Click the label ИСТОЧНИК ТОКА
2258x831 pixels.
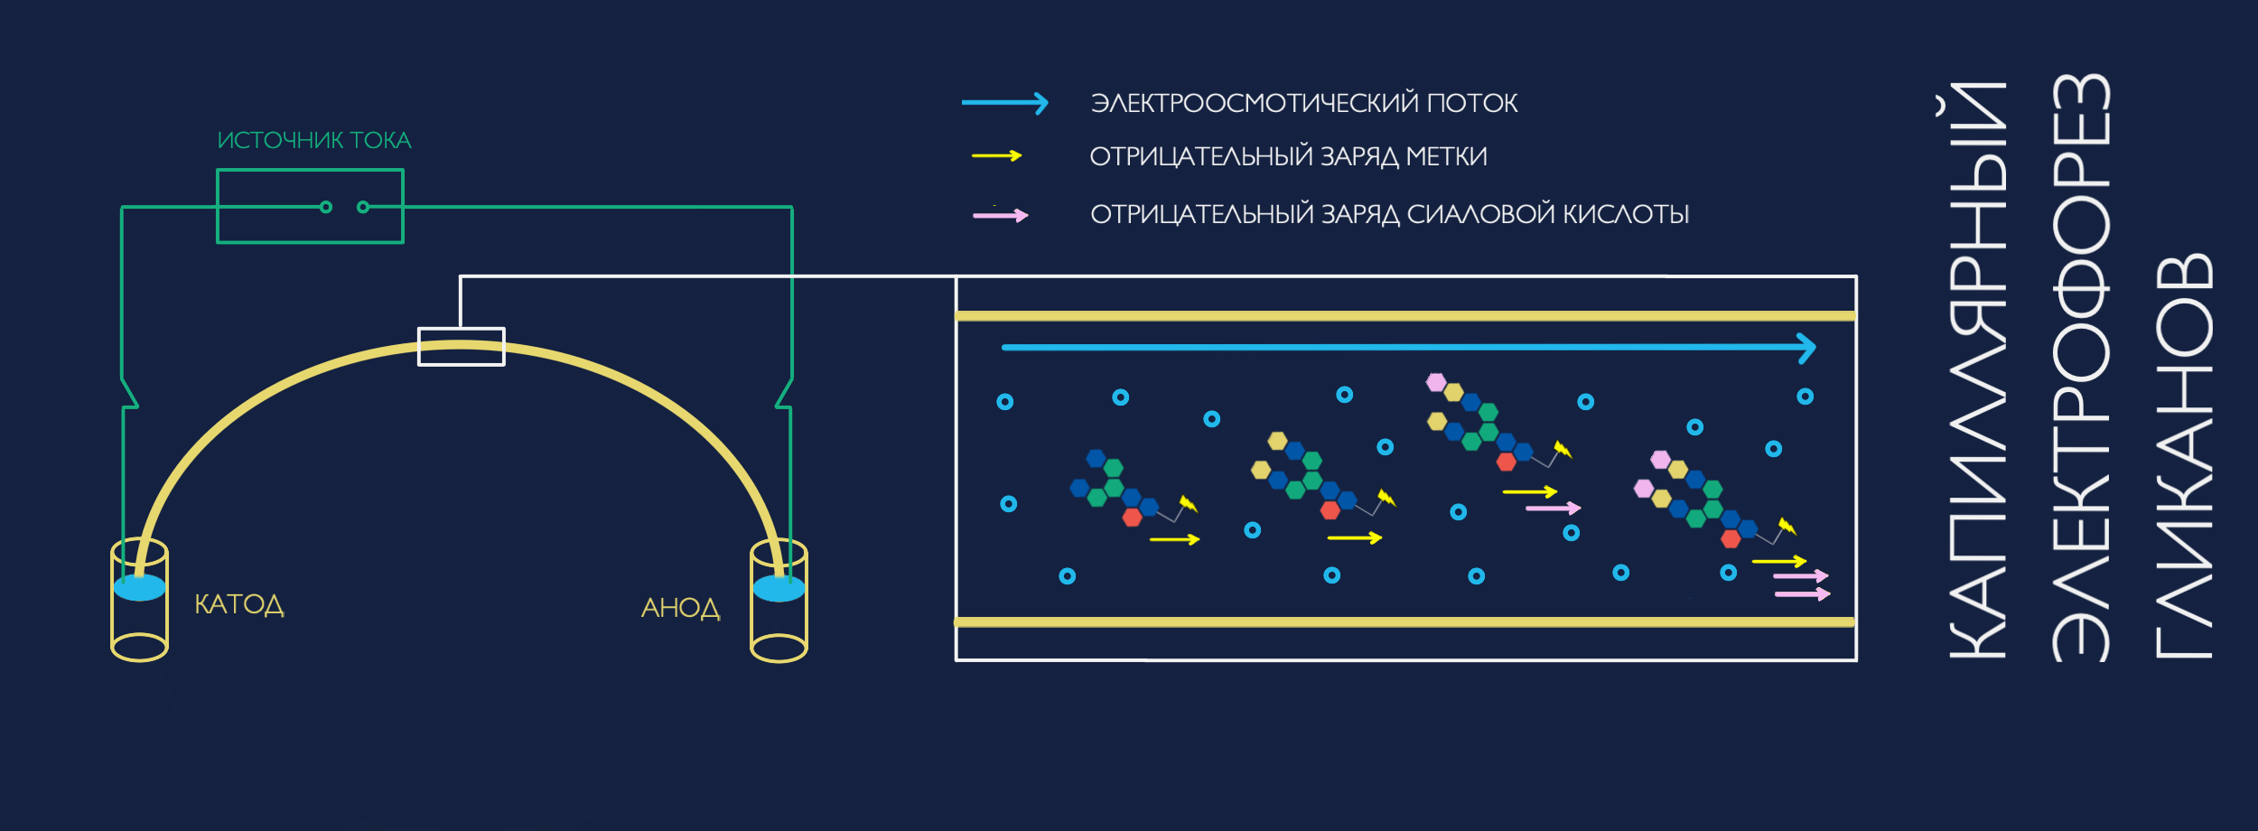314,140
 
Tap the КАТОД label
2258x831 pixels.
239,604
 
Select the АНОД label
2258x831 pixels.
680,608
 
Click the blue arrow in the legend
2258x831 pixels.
1004,103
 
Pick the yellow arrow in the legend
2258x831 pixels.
996,156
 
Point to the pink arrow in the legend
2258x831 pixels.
1000,215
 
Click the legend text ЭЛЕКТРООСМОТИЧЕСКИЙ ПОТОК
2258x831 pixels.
1304,103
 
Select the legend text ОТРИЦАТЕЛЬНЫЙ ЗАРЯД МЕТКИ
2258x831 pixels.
1288,156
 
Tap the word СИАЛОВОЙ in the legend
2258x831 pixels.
1481,214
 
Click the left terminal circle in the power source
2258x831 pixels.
326,207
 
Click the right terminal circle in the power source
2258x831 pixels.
363,207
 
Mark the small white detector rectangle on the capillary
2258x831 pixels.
461,347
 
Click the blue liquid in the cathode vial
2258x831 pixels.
140,588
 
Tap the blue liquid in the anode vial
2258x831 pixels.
779,589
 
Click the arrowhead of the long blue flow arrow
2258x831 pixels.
1806,348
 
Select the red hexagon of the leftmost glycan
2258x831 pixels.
1132,518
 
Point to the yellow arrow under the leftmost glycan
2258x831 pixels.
1174,539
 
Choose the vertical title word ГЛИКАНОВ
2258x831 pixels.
2184,456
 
